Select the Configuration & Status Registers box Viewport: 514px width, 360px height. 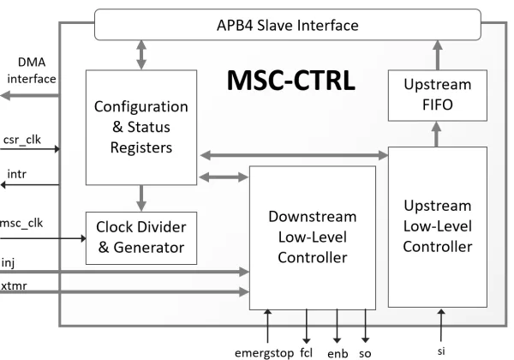[x=140, y=128]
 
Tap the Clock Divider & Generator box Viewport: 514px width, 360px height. [x=140, y=237]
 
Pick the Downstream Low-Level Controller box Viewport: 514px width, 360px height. [x=313, y=237]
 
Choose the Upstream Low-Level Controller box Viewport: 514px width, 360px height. [x=437, y=226]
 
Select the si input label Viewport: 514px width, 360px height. [x=442, y=350]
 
